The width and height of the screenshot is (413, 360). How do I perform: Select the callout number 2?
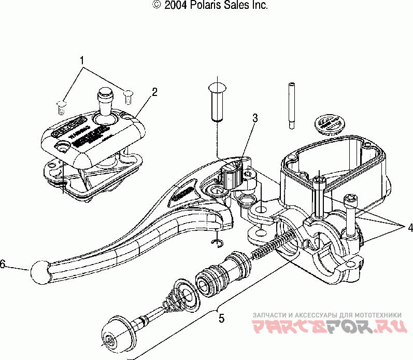[154, 92]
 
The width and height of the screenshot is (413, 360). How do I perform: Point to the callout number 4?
[409, 227]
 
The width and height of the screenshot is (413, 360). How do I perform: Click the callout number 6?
[3, 265]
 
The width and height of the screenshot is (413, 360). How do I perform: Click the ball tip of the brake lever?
[39, 270]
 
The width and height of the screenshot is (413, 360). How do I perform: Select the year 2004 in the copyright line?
[174, 6]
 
